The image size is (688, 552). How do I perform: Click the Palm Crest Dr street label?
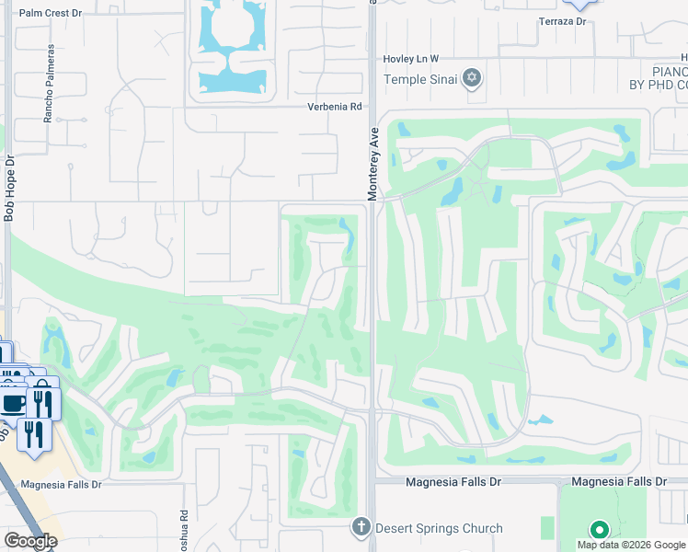click(x=51, y=14)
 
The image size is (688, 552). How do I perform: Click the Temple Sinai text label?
click(x=420, y=78)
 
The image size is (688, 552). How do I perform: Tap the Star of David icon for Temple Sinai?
click(x=472, y=77)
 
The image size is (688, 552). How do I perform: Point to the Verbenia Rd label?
click(x=334, y=107)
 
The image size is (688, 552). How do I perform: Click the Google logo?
click(x=29, y=541)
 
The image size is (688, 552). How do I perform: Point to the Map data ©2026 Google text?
click(x=632, y=545)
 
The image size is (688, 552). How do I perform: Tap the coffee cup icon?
click(x=14, y=402)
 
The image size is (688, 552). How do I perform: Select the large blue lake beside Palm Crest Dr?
click(x=230, y=46)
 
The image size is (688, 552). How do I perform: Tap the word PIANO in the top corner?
click(x=670, y=72)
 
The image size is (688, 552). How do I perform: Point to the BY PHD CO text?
click(x=658, y=86)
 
